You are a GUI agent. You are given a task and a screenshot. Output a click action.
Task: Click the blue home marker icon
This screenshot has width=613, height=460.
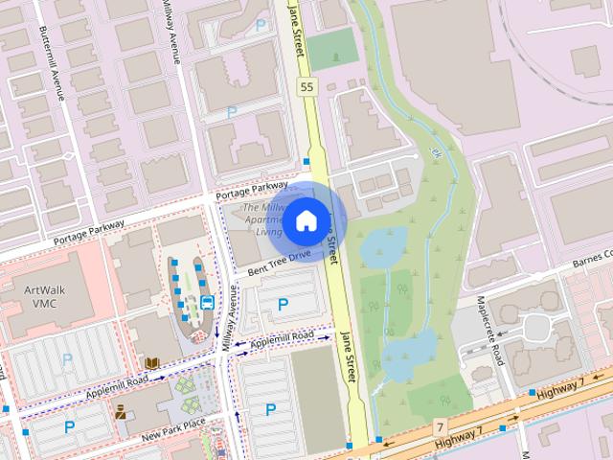click(x=306, y=219)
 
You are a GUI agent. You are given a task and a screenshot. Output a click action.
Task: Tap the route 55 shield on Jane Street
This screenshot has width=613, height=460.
click(x=306, y=87)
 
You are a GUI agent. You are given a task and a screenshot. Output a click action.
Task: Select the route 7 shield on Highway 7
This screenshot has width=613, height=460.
click(x=440, y=425)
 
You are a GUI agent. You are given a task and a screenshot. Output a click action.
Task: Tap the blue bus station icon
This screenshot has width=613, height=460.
click(x=207, y=306)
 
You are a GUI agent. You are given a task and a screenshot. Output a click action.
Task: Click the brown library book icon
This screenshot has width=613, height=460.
click(x=152, y=363)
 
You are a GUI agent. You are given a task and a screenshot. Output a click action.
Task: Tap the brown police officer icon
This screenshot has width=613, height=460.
click(x=120, y=412)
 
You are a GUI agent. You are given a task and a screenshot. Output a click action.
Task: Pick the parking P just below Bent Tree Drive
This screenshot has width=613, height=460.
click(x=283, y=305)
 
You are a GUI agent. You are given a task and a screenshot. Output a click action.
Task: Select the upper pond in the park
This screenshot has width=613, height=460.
click(x=383, y=246)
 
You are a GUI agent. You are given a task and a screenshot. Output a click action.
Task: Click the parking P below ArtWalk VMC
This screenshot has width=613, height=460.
click(x=67, y=359)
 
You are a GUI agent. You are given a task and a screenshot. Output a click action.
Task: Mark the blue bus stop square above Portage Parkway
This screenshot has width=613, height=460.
click(x=306, y=161)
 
